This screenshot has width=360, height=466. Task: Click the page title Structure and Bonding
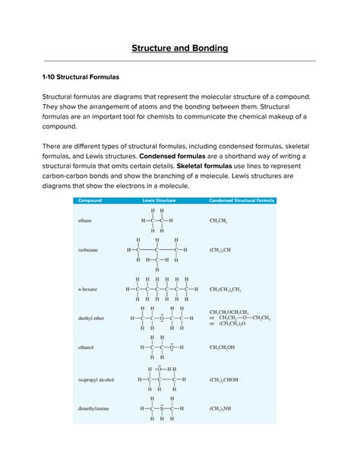(x=180, y=49)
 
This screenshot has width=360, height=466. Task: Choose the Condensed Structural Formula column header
(x=242, y=201)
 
